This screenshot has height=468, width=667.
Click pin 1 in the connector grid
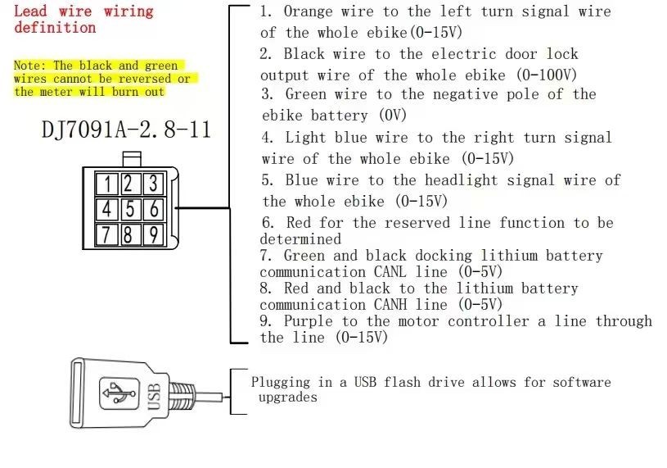coord(106,184)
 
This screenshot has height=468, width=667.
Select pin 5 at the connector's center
coord(130,209)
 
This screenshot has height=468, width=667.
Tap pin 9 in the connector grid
coord(153,234)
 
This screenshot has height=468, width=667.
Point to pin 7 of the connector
coord(106,234)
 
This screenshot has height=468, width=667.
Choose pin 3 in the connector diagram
coord(153,184)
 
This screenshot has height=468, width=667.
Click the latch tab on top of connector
coord(132,159)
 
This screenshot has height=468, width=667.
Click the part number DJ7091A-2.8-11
coord(126,129)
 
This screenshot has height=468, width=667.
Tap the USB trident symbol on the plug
coord(119,393)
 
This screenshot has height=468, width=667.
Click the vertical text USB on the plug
coord(154,397)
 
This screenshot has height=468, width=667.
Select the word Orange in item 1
coord(308,11)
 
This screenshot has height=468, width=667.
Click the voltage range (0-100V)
coord(547,75)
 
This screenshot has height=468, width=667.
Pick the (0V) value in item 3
coord(392,115)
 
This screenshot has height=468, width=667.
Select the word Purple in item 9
coord(309,321)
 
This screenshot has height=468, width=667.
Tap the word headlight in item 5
coord(461,180)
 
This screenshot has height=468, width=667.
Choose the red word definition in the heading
coord(55,28)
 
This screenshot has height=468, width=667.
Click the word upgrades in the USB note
coord(288,398)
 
